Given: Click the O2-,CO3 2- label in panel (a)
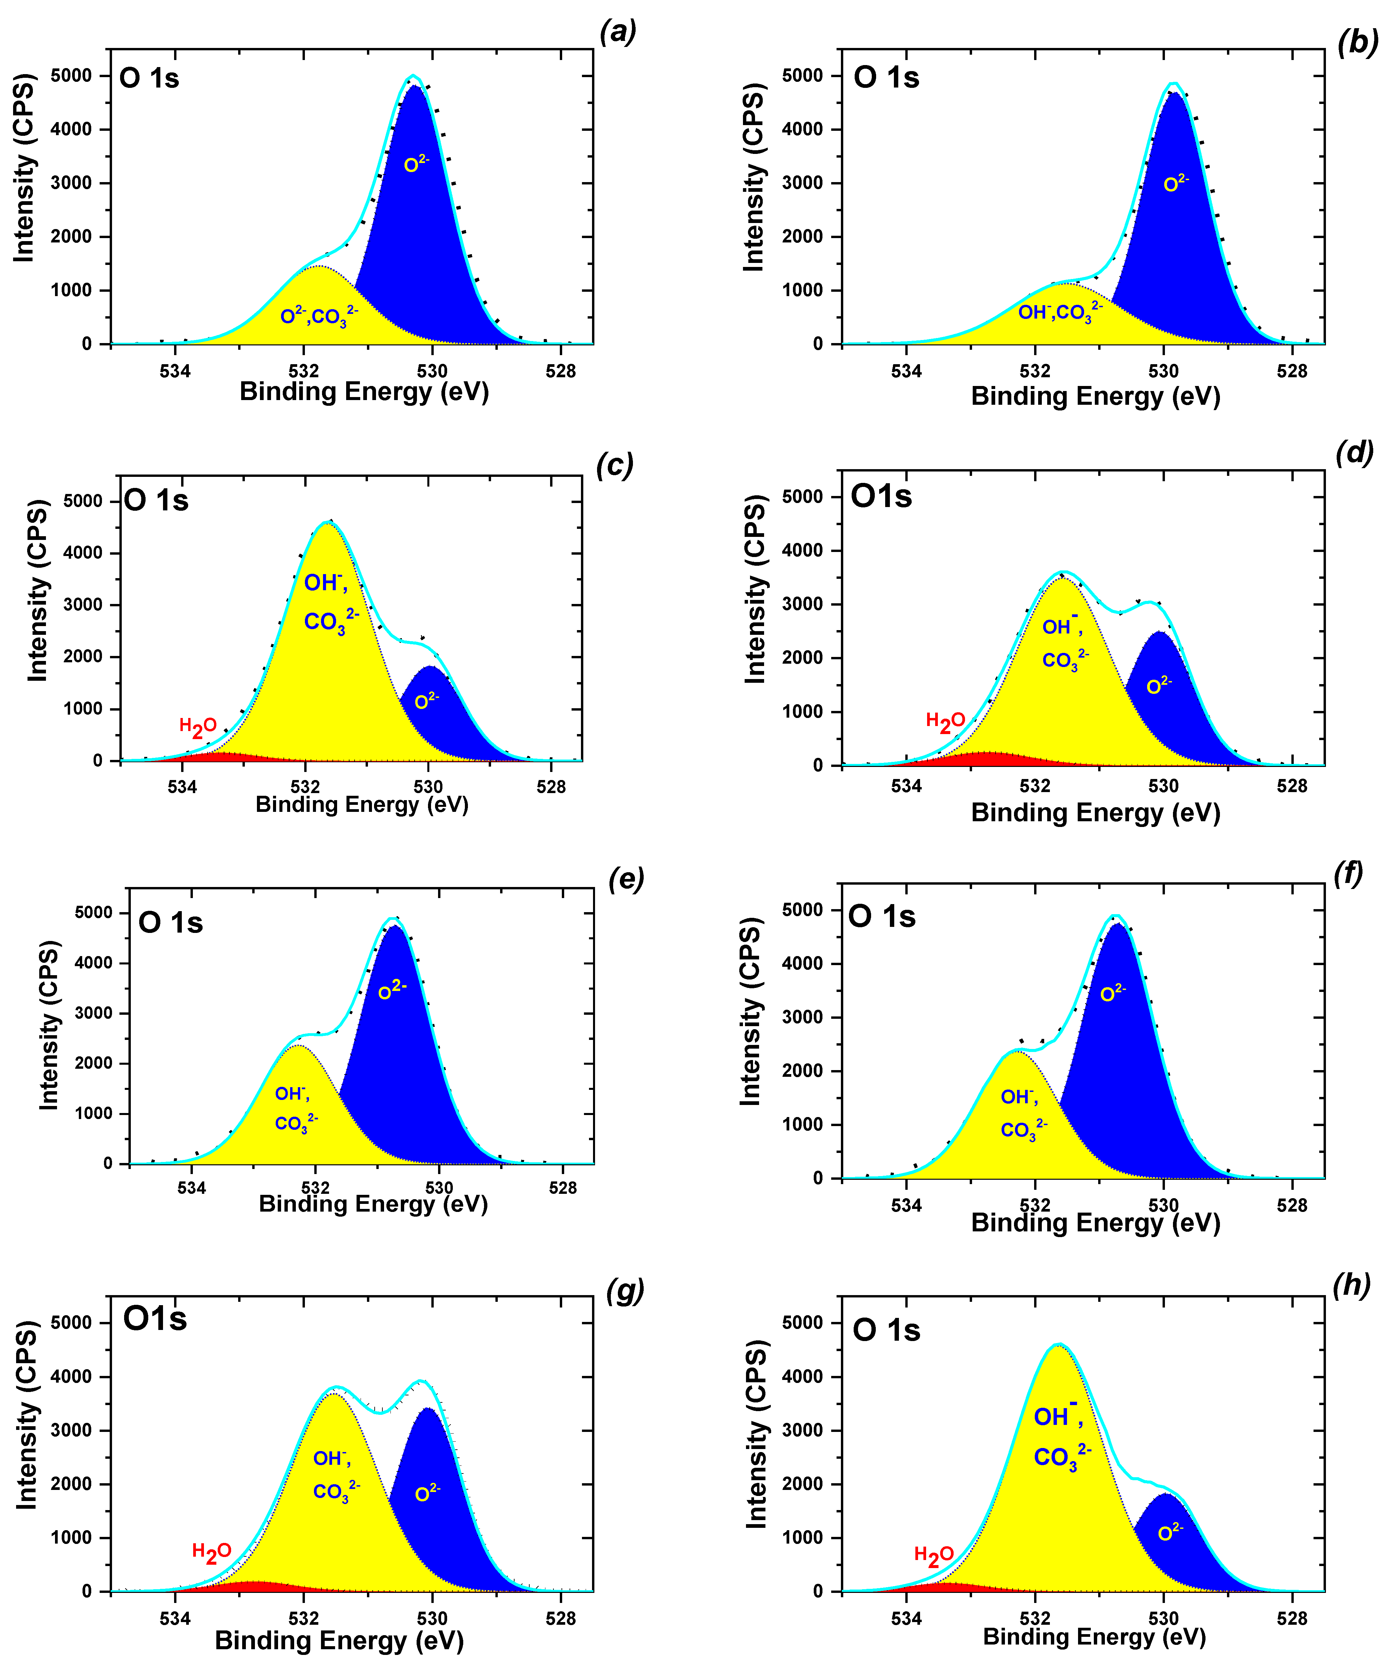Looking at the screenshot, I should tap(319, 317).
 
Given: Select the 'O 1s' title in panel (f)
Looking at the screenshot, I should tap(882, 916).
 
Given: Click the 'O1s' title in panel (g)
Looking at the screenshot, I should tap(155, 1319).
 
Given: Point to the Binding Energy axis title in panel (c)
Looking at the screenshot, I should tap(362, 804).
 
